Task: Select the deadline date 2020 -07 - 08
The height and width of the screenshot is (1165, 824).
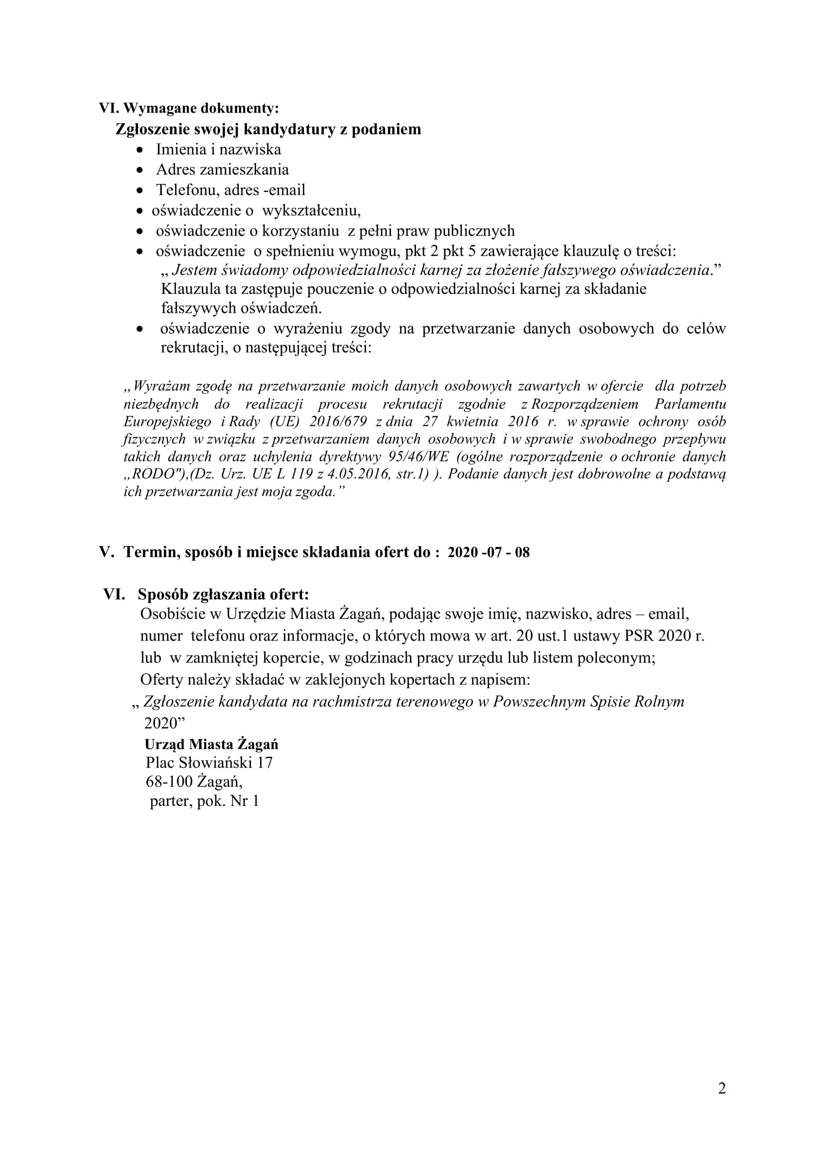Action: [x=488, y=552]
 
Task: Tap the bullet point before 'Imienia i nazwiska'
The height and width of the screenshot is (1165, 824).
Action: [x=140, y=150]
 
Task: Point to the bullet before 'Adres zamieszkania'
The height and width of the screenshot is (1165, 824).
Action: [x=140, y=170]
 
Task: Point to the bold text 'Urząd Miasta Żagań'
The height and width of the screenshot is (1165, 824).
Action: [x=211, y=744]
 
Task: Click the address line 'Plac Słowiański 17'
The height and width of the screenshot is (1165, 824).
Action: [x=209, y=763]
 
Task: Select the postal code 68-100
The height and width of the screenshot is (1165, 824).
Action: [x=169, y=781]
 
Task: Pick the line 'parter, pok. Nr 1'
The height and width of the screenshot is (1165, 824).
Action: [x=204, y=801]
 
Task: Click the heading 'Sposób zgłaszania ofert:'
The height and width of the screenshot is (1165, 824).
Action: [x=223, y=594]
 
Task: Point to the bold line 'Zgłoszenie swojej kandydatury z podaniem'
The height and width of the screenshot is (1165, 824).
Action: [x=269, y=129]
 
